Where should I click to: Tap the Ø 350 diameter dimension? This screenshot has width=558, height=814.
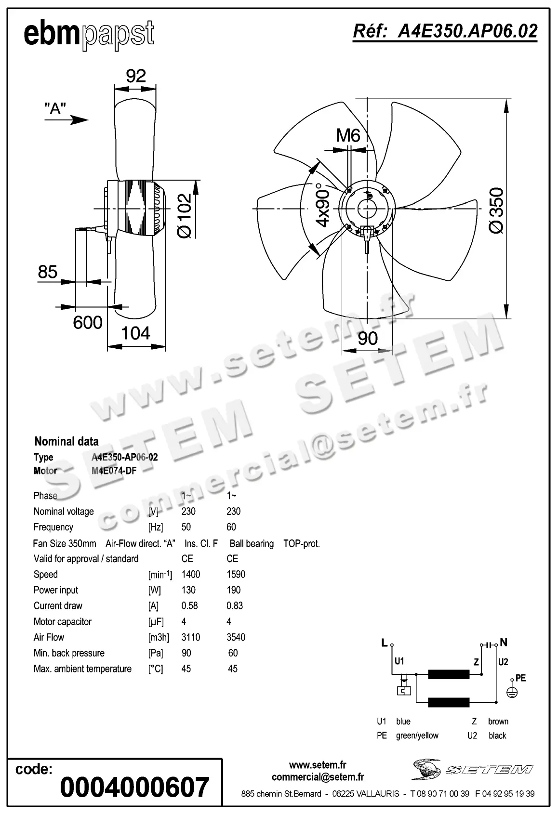(x=496, y=210)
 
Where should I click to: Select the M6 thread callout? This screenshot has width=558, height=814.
(x=348, y=135)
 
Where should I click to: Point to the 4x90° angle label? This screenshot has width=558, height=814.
(x=322, y=205)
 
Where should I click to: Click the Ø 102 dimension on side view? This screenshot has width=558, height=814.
(x=185, y=216)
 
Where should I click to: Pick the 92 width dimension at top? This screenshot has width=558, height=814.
(x=135, y=76)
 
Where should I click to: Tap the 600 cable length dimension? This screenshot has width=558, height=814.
(x=88, y=322)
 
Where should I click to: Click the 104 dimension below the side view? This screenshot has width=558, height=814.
(x=136, y=333)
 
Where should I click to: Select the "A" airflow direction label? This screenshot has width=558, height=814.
(x=55, y=108)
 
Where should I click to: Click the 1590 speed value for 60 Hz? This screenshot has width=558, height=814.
(x=236, y=575)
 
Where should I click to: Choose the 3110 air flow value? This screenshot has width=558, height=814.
(x=191, y=637)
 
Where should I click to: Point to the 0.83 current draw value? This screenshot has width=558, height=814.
(x=235, y=606)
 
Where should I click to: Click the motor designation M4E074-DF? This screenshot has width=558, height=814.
(x=114, y=471)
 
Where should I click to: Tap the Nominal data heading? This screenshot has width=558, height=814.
(x=66, y=441)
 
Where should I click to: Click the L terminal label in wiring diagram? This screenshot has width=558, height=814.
(x=385, y=643)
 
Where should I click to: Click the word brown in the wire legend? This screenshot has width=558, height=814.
(x=498, y=722)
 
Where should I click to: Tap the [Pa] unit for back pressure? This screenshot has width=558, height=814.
(x=155, y=653)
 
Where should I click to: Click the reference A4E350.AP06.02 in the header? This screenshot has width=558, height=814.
(x=445, y=31)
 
